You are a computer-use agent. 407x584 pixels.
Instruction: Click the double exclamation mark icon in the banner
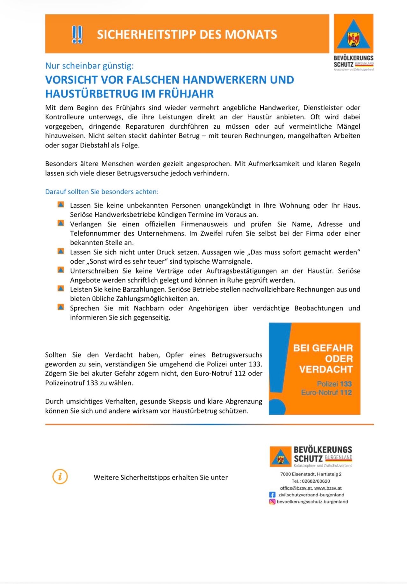coord(77,34)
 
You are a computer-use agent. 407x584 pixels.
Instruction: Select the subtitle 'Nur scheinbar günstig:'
coord(89,66)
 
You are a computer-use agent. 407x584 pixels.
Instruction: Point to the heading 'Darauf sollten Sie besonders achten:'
coord(102,192)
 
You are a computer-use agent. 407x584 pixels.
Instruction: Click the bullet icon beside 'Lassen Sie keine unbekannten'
coord(61,204)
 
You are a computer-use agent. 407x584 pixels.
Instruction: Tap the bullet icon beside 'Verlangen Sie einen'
coord(61,223)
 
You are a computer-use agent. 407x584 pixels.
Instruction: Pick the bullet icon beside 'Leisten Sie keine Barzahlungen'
coord(61,288)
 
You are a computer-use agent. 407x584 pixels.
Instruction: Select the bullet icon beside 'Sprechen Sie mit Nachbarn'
coord(61,307)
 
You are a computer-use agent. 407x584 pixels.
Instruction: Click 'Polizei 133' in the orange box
coord(334,384)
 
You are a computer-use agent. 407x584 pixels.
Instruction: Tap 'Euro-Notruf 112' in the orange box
coord(326,392)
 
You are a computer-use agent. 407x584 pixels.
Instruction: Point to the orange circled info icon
coord(60,477)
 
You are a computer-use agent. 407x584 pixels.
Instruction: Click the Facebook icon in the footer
coord(272,495)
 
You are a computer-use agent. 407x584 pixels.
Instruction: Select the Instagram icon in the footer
coord(272,502)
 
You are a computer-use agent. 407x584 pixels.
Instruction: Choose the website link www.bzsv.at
coord(328,488)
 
